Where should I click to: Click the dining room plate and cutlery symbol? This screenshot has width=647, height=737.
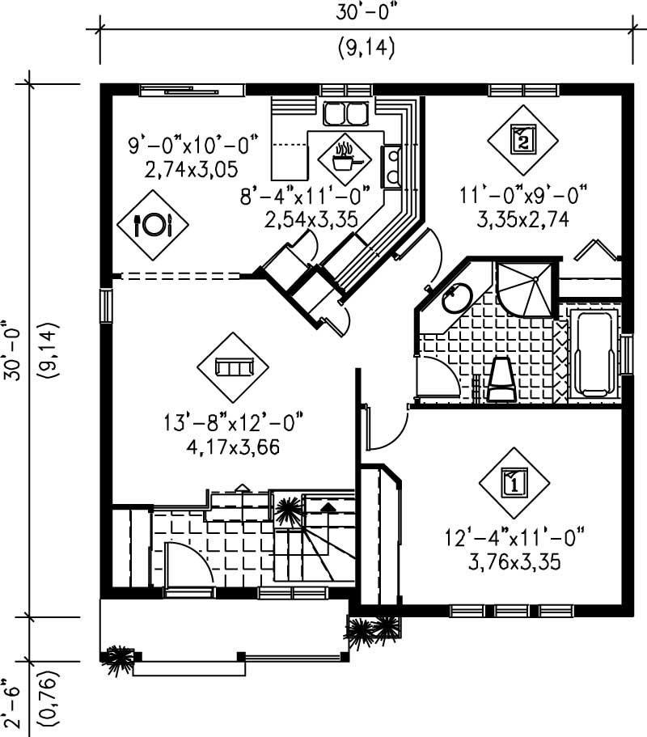(153, 225)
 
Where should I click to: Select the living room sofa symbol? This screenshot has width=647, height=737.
(233, 367)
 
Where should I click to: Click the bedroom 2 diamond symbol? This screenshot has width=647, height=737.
(523, 140)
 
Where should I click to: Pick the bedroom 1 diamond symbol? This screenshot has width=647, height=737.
(514, 483)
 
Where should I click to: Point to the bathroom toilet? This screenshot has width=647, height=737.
(501, 379)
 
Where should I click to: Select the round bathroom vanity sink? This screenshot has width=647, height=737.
(457, 298)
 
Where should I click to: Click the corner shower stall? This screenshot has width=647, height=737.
(526, 289)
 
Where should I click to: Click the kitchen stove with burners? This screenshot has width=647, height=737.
(393, 166)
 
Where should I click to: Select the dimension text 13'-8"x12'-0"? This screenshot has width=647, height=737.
(233, 423)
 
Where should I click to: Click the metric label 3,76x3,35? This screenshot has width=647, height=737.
(514, 561)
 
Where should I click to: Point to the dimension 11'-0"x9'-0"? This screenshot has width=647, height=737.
(523, 196)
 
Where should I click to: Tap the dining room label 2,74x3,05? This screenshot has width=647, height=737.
(191, 169)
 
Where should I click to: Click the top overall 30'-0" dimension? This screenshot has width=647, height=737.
(364, 12)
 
